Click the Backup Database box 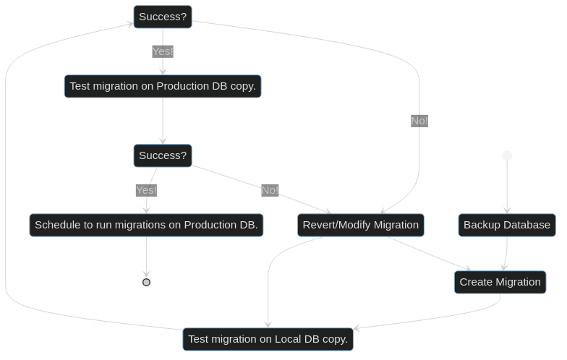(507, 225)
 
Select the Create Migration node (500, 282)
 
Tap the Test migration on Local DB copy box (268, 339)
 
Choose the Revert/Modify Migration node (360, 225)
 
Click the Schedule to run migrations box (146, 225)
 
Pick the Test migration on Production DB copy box (163, 86)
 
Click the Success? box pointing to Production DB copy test (163, 17)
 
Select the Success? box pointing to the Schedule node (163, 155)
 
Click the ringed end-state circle (146, 282)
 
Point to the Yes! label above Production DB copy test (163, 51)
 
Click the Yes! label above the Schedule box (146, 190)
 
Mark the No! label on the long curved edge (419, 121)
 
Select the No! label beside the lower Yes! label (270, 190)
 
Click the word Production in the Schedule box (210, 225)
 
